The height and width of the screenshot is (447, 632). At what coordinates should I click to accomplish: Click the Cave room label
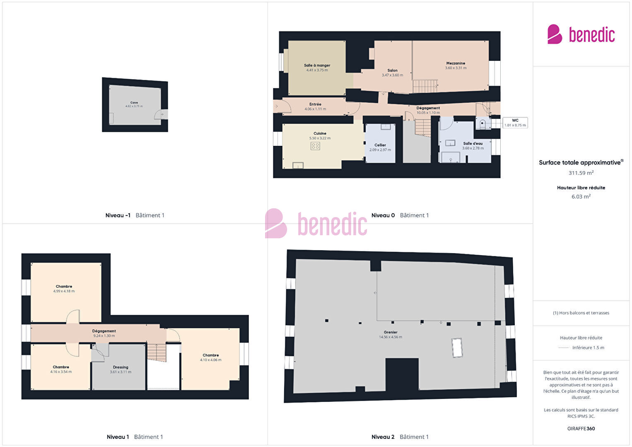click(134, 103)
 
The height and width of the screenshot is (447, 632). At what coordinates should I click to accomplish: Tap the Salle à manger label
click(317, 65)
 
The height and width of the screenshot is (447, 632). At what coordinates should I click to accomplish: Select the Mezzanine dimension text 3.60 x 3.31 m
click(456, 68)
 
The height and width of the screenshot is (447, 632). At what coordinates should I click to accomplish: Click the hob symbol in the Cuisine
click(315, 146)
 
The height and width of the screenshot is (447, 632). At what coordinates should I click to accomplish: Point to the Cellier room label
click(380, 145)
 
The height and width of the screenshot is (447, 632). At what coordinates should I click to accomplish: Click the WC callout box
click(515, 123)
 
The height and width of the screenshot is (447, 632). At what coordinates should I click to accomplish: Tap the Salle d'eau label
click(473, 143)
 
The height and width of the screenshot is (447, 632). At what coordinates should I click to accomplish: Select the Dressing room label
click(121, 367)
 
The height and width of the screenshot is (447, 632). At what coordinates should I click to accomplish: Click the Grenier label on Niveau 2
click(391, 332)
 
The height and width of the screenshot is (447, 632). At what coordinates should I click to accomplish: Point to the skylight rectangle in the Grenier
click(457, 348)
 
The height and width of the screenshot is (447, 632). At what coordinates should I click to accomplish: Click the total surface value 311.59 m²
click(581, 173)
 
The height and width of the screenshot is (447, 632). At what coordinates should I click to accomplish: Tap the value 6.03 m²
click(581, 196)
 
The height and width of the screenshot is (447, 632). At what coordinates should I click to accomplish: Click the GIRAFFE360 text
click(581, 428)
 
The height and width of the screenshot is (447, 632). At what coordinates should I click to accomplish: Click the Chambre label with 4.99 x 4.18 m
click(64, 286)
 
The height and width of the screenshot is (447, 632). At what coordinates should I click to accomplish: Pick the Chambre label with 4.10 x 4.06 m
click(210, 355)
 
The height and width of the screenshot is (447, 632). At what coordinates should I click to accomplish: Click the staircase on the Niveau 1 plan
click(157, 353)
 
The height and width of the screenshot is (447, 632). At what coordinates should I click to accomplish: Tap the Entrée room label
click(315, 104)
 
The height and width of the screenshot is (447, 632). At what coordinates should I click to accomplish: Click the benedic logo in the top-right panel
click(581, 34)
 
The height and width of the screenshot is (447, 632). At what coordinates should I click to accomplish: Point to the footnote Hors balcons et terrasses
click(581, 313)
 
